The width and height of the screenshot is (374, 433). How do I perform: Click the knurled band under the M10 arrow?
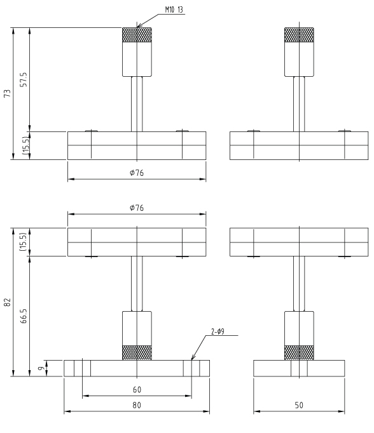coord(137,35)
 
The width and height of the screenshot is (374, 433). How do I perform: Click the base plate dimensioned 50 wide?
coord(299,368)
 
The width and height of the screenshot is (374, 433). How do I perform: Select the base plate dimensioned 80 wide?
coord(136,368)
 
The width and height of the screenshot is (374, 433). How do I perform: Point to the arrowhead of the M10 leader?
coord(139,27)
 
